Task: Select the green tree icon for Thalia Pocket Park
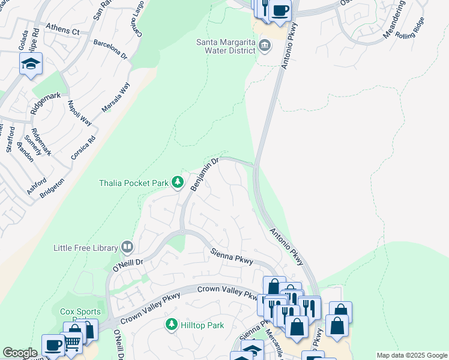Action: coord(177,181)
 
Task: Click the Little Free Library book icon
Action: coord(127,247)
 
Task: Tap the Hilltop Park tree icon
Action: coord(171,325)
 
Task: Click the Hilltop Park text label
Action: coord(203,325)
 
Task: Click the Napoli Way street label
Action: coord(80,112)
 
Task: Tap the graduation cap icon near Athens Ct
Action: coord(31,63)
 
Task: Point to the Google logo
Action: coord(20,353)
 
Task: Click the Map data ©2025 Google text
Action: coord(411,355)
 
